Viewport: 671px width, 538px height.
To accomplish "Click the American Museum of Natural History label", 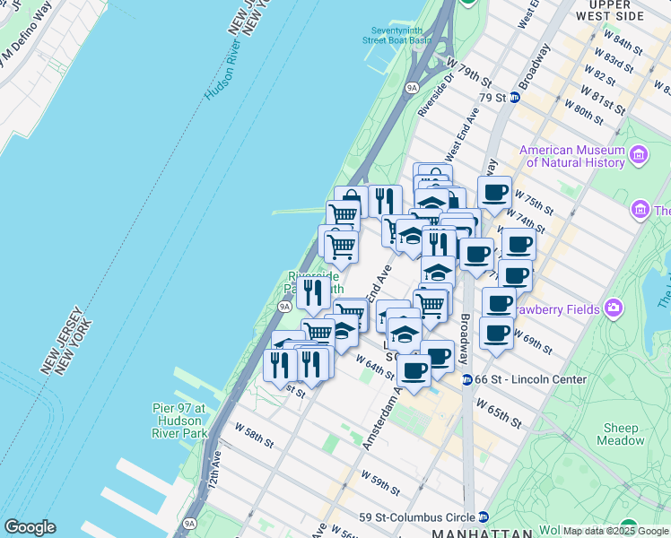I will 571,156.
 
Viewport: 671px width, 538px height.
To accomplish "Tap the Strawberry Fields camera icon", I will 614,308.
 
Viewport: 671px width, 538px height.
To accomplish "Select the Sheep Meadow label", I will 620,434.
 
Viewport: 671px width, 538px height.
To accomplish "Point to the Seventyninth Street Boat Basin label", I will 396,35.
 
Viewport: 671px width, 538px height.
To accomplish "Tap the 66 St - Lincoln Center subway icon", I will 467,379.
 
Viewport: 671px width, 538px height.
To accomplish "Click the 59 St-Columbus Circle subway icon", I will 484,516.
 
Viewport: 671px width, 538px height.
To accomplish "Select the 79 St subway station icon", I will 515,97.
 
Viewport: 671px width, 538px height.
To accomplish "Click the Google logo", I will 30,527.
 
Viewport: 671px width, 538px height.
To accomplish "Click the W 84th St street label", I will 623,45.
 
